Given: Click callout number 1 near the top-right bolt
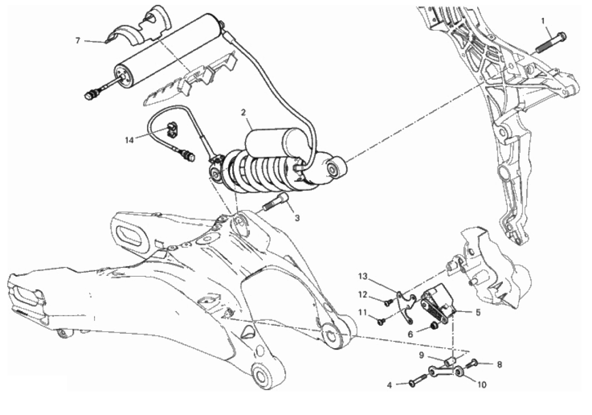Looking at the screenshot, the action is point(543,21).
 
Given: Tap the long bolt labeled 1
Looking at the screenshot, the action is point(551,43).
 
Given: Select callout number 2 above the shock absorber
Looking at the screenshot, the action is point(244,112).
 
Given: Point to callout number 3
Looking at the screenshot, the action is point(297,218).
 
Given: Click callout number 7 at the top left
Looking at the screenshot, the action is point(78,41).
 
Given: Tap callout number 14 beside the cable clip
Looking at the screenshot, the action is point(130,140).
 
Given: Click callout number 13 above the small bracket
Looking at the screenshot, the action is point(363,277).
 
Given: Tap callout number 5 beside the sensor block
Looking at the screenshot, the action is point(478,313).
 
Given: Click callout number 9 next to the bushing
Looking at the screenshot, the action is point(421,356).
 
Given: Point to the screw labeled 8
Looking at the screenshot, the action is point(472,364).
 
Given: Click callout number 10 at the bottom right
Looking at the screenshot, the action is point(482,385).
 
